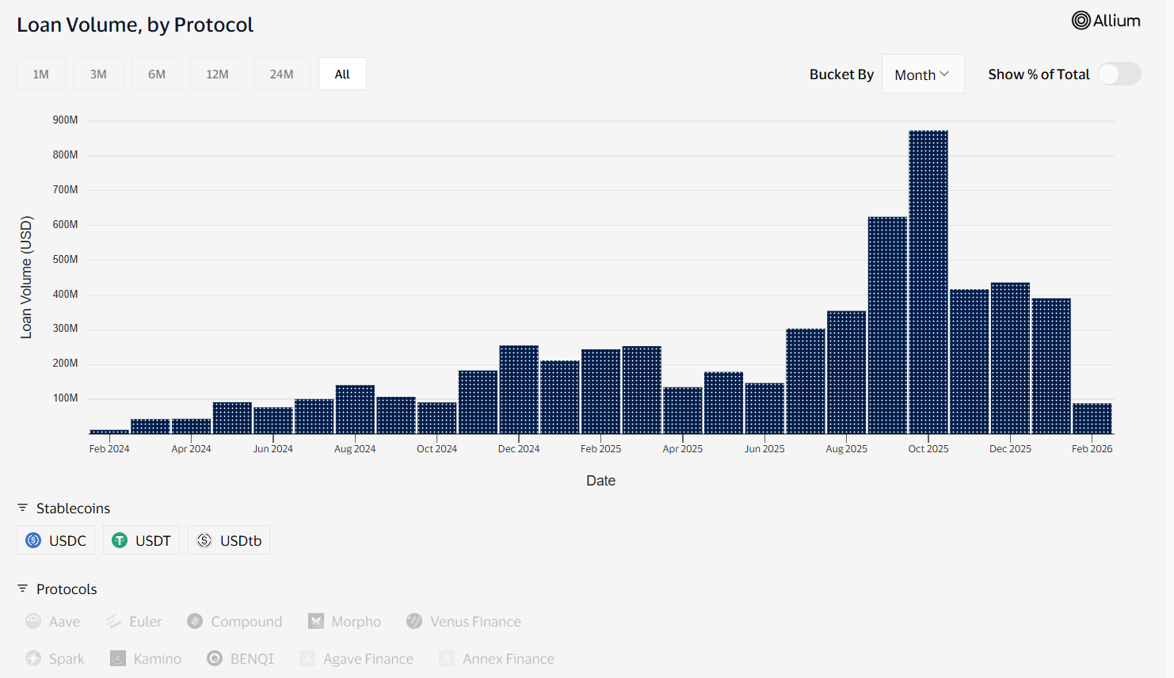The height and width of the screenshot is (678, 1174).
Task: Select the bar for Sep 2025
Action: pyautogui.click(x=887, y=326)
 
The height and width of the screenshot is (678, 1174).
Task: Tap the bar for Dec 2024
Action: pyautogui.click(x=519, y=390)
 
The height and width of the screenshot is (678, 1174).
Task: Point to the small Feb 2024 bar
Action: pyautogui.click(x=109, y=432)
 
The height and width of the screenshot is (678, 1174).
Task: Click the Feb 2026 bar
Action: pyautogui.click(x=1092, y=418)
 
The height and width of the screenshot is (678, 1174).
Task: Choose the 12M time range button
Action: pyautogui.click(x=217, y=74)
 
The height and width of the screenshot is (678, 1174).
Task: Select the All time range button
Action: pyautogui.click(x=342, y=74)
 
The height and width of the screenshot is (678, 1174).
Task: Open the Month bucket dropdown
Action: pyautogui.click(x=922, y=74)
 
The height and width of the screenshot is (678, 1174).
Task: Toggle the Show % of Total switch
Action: pyautogui.click(x=1119, y=74)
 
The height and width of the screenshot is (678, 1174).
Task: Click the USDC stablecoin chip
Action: pyautogui.click(x=56, y=540)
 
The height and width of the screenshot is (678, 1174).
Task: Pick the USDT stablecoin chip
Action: pyautogui.click(x=142, y=540)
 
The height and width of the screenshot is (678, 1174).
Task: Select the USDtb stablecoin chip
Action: pyautogui.click(x=229, y=540)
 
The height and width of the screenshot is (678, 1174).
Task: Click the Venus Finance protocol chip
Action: pyautogui.click(x=464, y=622)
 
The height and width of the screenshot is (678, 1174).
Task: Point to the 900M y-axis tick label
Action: pyautogui.click(x=65, y=120)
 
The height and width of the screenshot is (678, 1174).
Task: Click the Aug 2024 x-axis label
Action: pyautogui.click(x=355, y=449)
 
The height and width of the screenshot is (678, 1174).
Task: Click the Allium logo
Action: pyautogui.click(x=1106, y=21)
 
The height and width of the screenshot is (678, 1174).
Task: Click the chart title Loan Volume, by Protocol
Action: pyautogui.click(x=135, y=25)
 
